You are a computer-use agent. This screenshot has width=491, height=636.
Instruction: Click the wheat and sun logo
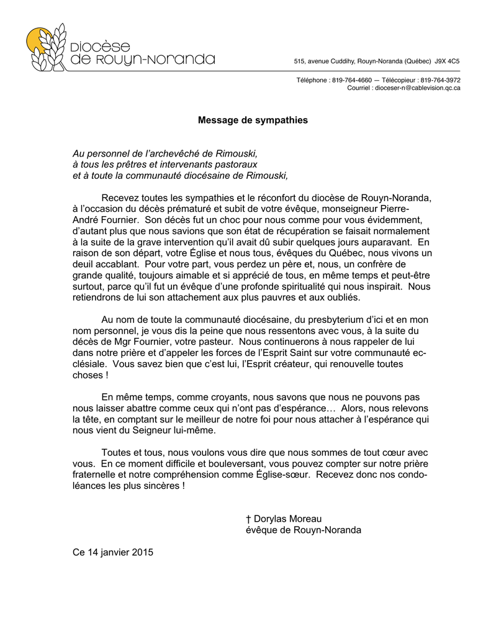(x=45, y=47)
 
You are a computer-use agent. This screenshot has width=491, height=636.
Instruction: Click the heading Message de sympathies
(x=253, y=120)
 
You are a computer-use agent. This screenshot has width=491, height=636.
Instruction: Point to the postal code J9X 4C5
(x=447, y=61)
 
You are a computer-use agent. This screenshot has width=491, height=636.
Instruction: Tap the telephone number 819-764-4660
(x=352, y=80)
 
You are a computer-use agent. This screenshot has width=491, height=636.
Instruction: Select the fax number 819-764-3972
(x=440, y=80)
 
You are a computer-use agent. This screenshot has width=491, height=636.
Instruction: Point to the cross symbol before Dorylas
(x=248, y=519)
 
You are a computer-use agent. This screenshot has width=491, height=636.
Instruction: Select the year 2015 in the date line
(x=142, y=552)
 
